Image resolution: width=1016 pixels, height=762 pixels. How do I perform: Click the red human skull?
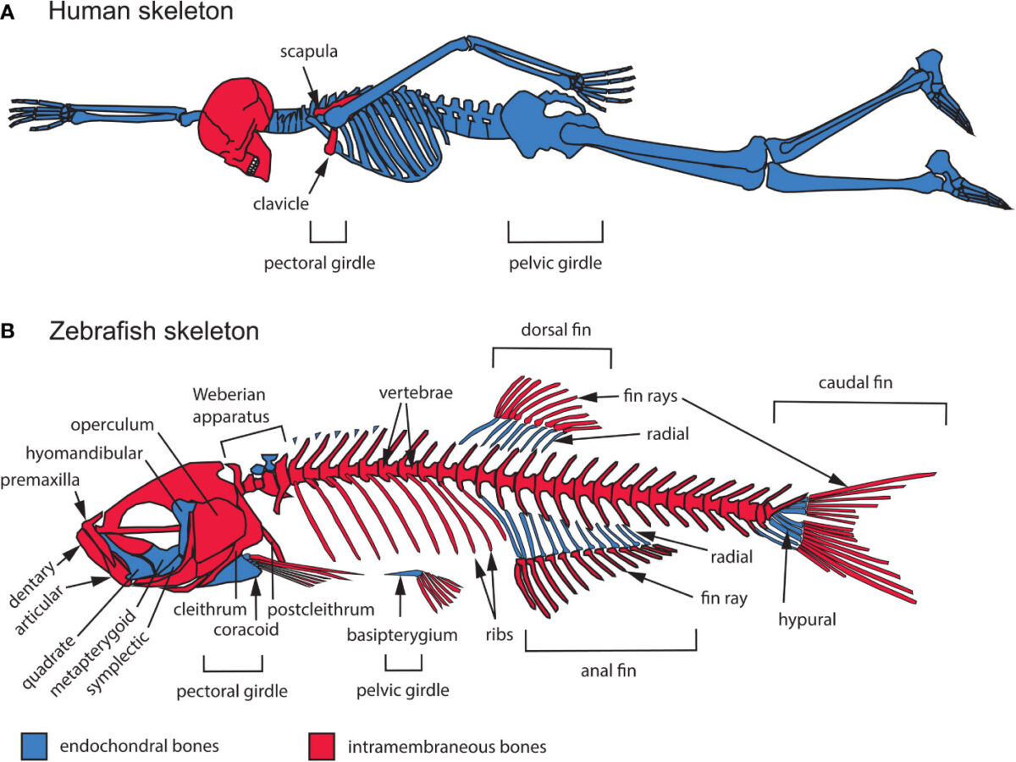236,127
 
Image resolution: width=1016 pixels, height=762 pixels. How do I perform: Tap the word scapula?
309,52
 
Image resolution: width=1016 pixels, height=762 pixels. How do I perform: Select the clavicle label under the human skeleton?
280,203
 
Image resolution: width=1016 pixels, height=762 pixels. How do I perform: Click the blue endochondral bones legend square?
34,746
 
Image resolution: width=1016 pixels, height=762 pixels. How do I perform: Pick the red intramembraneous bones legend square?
321,746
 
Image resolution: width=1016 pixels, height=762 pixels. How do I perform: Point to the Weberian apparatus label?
230,405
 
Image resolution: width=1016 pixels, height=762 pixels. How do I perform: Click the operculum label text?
112,425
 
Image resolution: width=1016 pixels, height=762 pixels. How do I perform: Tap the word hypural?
807,620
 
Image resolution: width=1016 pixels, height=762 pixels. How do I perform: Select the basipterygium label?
402,635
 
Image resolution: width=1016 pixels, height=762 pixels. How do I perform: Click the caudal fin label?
855,382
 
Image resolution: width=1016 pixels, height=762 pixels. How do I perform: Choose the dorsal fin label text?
556,330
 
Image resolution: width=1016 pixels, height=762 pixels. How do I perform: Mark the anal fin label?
608,670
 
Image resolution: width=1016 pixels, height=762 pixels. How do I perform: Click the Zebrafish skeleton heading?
154,331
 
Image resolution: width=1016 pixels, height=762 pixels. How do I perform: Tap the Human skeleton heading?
141,11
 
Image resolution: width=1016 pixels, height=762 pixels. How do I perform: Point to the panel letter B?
8,331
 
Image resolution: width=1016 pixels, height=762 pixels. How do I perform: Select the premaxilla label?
40,481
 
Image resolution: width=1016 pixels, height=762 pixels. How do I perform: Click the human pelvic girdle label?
555,263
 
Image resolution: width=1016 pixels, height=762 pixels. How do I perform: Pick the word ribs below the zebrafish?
500,634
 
